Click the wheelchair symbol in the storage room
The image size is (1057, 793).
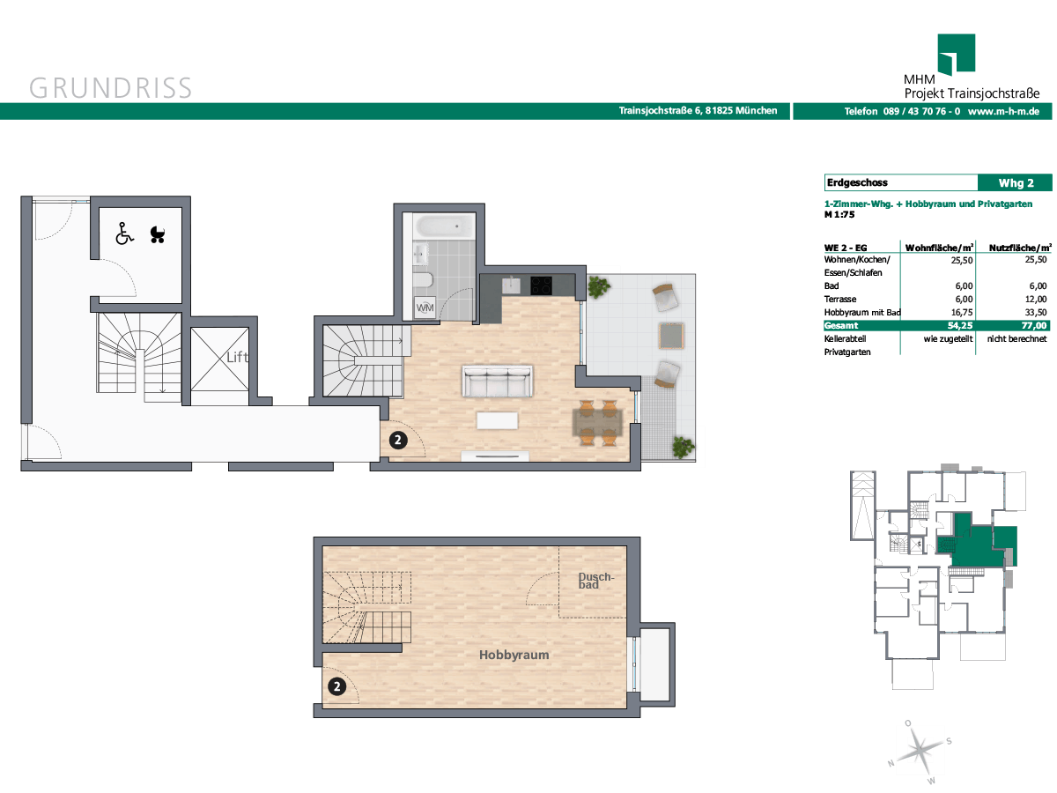pos(124,233)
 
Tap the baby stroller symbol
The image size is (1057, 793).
pos(158,235)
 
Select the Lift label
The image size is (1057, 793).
pos(238,357)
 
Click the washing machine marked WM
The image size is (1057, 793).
pos(425,308)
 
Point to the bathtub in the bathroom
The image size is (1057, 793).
pos(444,226)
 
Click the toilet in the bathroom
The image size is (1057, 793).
pos(423,279)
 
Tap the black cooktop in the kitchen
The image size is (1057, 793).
pos(541,285)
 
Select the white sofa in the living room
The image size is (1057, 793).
pos(498,381)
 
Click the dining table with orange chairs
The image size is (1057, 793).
pos(597,423)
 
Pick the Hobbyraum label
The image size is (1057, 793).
pos(514,655)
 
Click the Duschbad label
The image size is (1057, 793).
pos(595,581)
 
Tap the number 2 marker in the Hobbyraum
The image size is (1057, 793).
pos(337,686)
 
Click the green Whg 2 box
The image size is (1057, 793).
pos(1015,183)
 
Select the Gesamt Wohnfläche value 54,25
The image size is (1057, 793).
pos(960,325)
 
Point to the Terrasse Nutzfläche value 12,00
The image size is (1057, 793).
pos(1036,299)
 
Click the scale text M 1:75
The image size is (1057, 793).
pos(839,215)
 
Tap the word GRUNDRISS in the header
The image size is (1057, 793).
pos(110,88)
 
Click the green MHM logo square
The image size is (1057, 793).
pos(956,54)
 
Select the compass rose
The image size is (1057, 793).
pos(919,752)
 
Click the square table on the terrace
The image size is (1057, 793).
pos(671,336)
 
